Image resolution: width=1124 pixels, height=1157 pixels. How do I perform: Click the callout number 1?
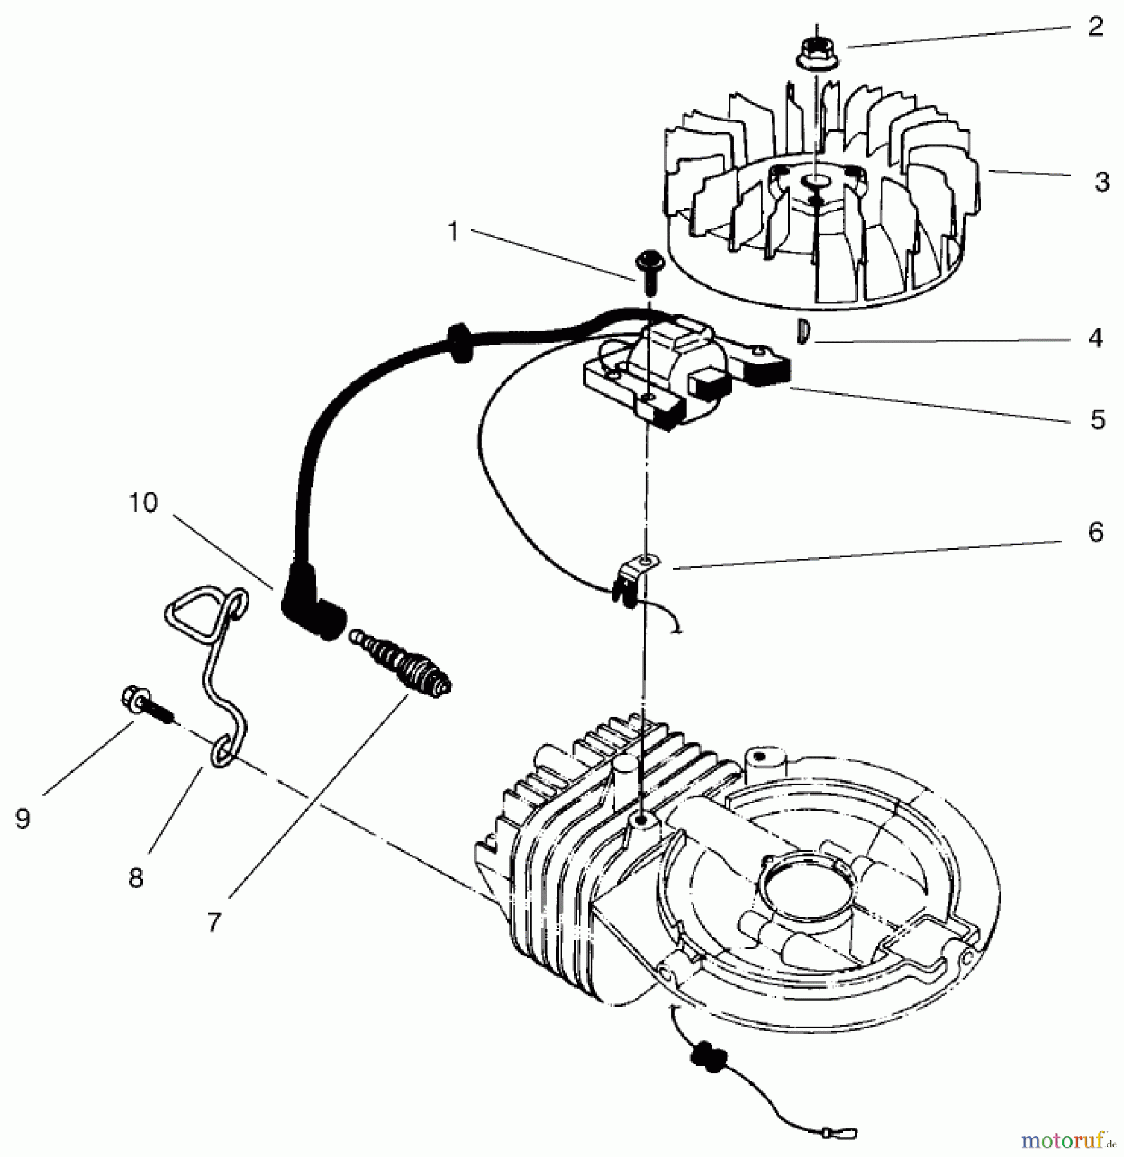coord(453,232)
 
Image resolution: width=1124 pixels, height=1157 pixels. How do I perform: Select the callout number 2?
coord(1095,27)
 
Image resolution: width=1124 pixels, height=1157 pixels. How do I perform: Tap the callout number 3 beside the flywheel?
coord(1101,182)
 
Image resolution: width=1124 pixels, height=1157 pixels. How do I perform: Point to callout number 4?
coord(1096,338)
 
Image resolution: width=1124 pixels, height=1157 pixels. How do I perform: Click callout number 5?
coord(1097,419)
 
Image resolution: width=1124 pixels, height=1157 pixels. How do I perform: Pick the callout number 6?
coord(1096,532)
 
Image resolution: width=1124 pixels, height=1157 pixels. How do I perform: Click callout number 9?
coord(23,818)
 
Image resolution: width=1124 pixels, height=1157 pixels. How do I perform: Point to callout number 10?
coord(143,502)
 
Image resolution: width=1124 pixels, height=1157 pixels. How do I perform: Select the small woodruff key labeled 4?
coord(802,331)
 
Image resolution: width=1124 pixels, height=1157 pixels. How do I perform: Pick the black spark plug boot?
coord(312,607)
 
